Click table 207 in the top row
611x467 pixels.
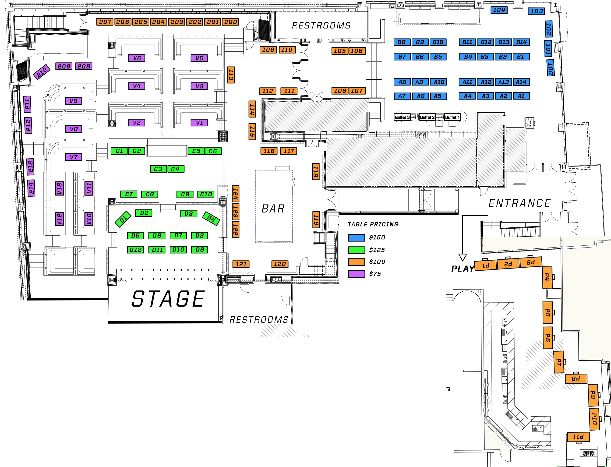(105, 22)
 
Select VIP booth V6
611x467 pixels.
(137, 58)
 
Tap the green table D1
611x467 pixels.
(123, 219)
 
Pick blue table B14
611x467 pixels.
(521, 42)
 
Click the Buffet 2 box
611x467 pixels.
(427, 117)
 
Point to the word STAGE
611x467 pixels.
(168, 299)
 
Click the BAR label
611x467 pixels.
(273, 209)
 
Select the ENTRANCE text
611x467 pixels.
(519, 203)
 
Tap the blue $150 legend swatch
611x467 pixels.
(356, 238)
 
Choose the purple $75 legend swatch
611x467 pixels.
(356, 274)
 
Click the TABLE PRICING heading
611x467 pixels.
(373, 225)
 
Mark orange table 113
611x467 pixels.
(231, 75)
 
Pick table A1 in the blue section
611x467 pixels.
(521, 96)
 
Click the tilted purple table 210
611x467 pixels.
(42, 72)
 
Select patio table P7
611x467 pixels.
(558, 362)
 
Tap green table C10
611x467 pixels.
(206, 194)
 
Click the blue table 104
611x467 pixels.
(499, 10)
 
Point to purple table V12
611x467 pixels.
(60, 219)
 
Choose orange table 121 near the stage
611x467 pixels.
(241, 264)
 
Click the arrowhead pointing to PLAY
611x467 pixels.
(463, 257)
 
